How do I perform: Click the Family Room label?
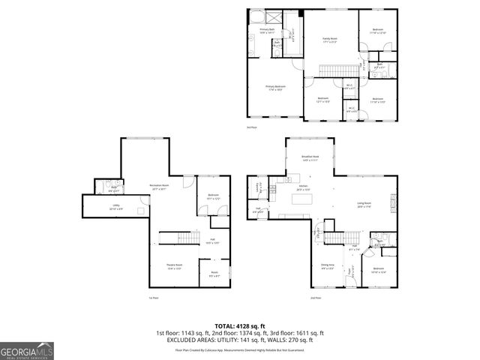tap(329, 40)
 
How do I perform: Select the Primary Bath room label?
tap(267, 31)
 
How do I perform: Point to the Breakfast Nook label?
tap(310, 158)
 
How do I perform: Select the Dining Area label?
tap(328, 266)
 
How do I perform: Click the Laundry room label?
tap(259, 187)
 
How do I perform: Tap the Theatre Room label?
tap(175, 266)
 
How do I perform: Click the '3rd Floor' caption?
tap(252, 127)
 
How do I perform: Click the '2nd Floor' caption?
tap(315, 298)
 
